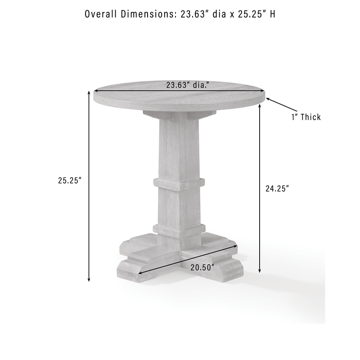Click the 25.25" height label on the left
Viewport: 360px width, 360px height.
[x=70, y=180]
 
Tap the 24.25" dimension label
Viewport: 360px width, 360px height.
[x=277, y=189]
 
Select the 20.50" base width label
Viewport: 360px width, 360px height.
[x=202, y=267]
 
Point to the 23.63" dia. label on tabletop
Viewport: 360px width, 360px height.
[x=188, y=85]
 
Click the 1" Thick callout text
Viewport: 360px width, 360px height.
[x=306, y=117]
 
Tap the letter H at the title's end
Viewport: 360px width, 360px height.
[x=272, y=14]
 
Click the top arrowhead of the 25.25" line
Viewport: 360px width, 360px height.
[x=89, y=93]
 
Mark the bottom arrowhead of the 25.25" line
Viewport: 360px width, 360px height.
[x=89, y=279]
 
